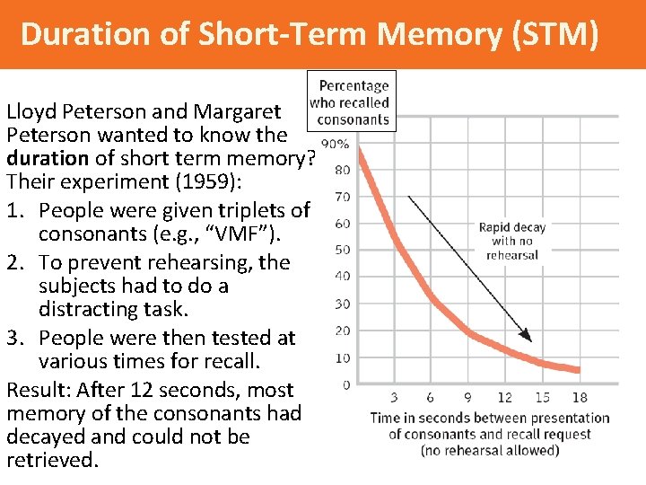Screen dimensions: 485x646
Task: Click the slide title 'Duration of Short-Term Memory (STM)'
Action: point(308,34)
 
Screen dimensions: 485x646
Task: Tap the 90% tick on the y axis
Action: point(336,144)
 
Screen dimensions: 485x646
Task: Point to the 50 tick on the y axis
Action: point(342,250)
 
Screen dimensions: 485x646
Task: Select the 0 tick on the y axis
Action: point(345,385)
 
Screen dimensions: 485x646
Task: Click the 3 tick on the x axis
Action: point(396,398)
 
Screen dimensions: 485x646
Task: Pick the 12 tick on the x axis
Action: point(505,398)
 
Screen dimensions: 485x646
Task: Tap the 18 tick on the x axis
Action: point(579,398)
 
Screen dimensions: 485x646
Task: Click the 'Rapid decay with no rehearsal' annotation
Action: point(512,241)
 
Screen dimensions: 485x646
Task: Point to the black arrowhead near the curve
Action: point(528,337)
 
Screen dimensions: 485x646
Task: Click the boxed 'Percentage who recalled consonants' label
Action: point(352,102)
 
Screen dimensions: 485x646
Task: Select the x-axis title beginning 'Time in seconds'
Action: point(490,433)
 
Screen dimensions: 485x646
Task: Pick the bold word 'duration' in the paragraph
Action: point(48,159)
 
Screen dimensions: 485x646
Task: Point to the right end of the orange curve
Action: point(578,368)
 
